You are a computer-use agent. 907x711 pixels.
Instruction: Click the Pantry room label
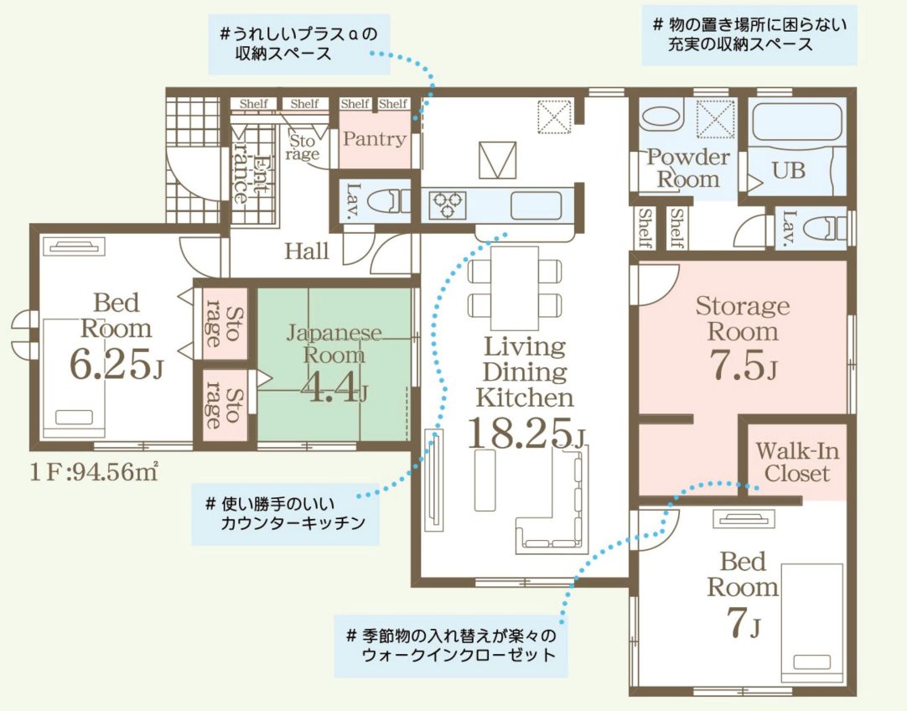[374, 139]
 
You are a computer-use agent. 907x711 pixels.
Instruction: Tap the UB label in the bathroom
[788, 170]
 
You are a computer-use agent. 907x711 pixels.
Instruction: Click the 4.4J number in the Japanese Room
[334, 388]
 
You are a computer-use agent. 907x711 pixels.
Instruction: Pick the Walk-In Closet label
[796, 462]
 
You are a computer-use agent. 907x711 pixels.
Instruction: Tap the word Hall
[306, 251]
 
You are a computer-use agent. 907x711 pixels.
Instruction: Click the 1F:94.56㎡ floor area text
[94, 472]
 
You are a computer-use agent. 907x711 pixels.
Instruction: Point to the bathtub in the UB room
[797, 123]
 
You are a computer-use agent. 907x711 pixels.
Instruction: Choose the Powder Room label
[687, 168]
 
